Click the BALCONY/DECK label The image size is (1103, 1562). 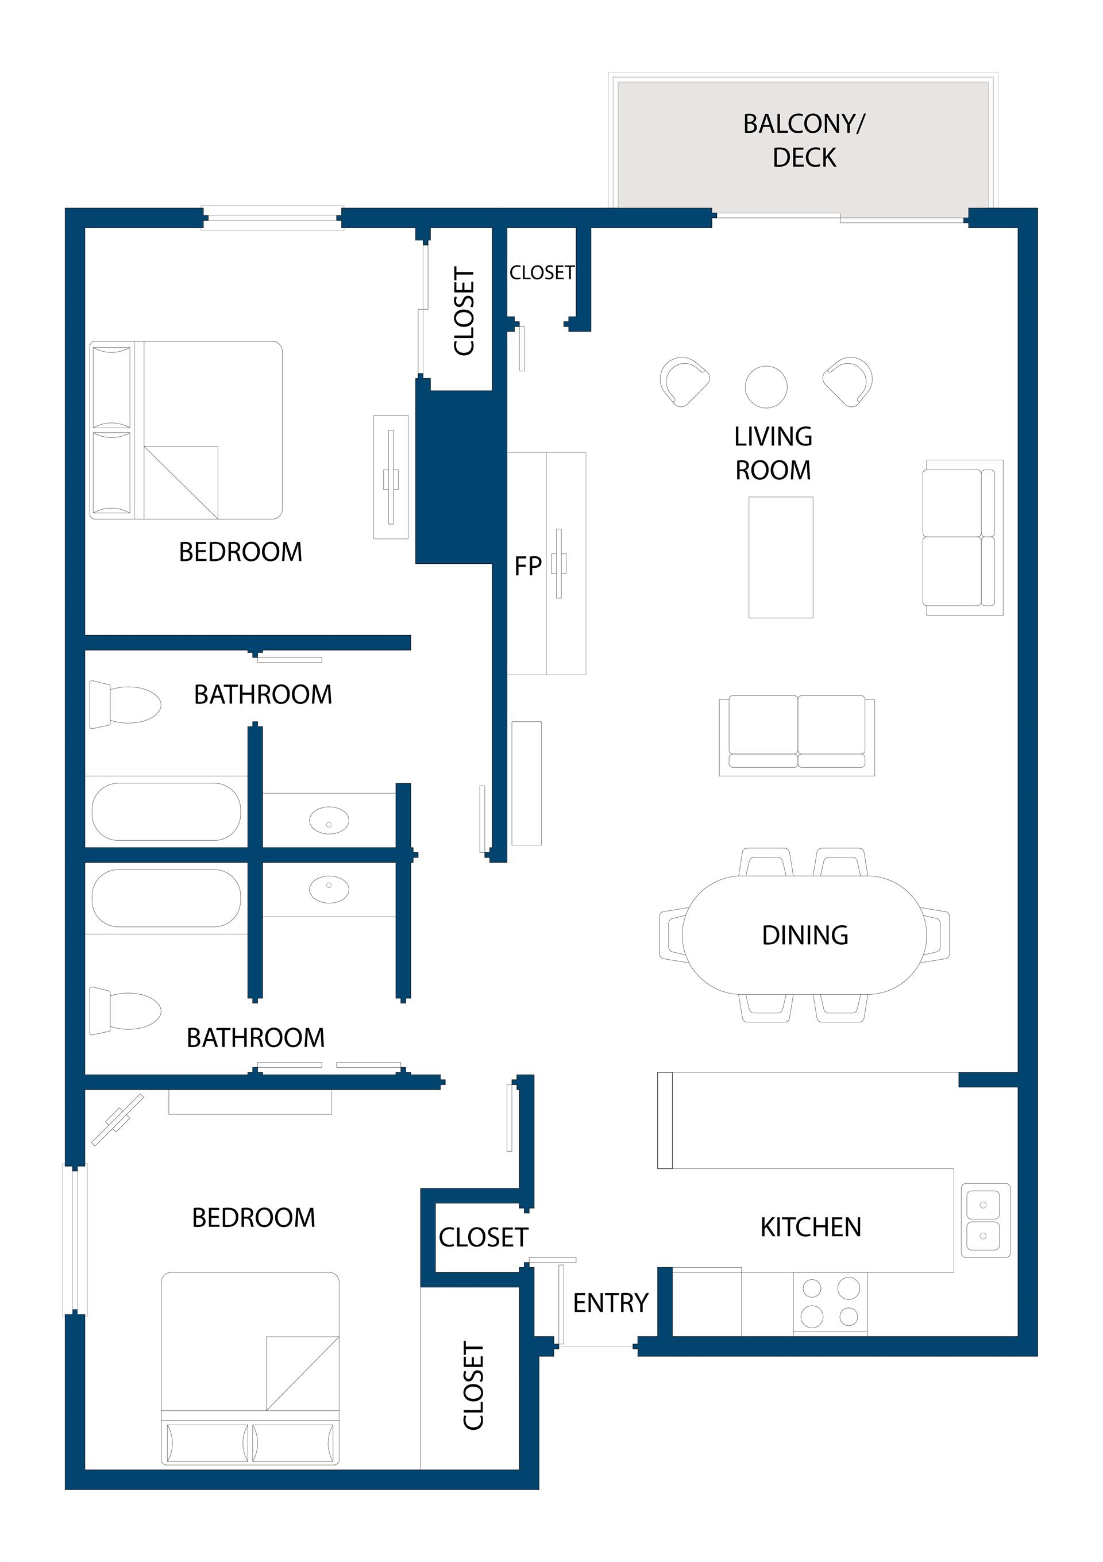[x=804, y=140]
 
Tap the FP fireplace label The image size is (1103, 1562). [x=528, y=566]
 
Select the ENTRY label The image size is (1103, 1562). [x=611, y=1303]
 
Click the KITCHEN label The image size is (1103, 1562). [x=811, y=1228]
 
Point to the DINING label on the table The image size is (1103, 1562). [x=805, y=936]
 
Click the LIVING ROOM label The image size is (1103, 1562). [x=773, y=453]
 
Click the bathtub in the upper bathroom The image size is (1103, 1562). [x=167, y=811]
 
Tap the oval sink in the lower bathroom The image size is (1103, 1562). [x=329, y=889]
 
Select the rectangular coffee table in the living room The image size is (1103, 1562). [x=781, y=557]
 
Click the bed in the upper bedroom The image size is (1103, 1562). [x=186, y=430]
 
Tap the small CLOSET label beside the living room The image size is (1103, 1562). [x=542, y=273]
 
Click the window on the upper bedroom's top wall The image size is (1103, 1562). [x=272, y=218]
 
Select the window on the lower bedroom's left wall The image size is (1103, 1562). [x=75, y=1240]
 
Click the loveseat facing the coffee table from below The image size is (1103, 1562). [x=797, y=735]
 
